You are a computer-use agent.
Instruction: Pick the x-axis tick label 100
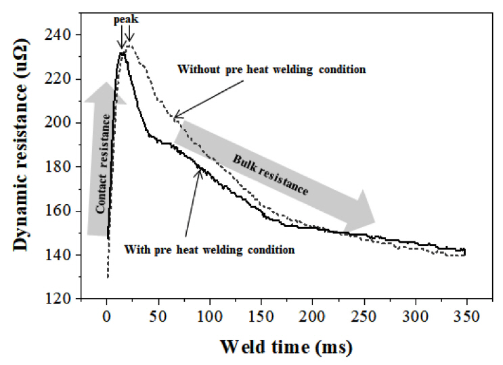pos(210,316)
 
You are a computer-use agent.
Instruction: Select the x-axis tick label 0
pos(107,316)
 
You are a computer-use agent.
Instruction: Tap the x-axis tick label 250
pos(364,316)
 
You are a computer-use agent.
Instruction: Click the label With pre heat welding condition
pos(210,249)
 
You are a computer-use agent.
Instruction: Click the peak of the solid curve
pos(123,53)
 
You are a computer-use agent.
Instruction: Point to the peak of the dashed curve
pos(130,46)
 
